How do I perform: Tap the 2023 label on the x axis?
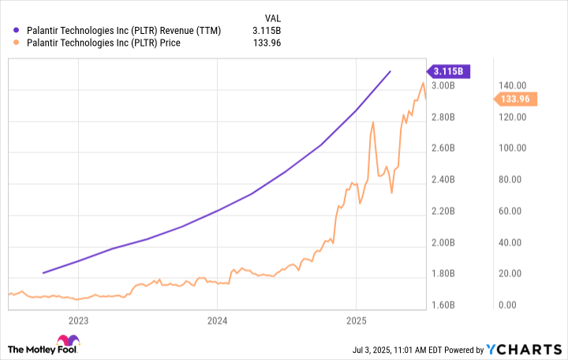click(78, 321)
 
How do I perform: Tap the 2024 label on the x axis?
click(217, 321)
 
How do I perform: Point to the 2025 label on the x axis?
click(356, 321)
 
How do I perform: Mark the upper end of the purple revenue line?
click(390, 71)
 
